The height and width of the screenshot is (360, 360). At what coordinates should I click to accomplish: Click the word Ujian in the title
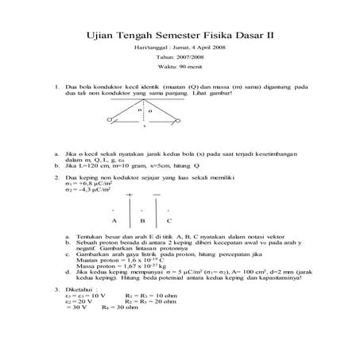pyautogui.click(x=99, y=34)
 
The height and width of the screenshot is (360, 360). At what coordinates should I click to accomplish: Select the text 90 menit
pyautogui.click(x=192, y=68)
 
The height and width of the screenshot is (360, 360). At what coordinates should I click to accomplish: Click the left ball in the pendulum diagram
pyautogui.click(x=110, y=120)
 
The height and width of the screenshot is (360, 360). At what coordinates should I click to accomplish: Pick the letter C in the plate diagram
pyautogui.click(x=168, y=220)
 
